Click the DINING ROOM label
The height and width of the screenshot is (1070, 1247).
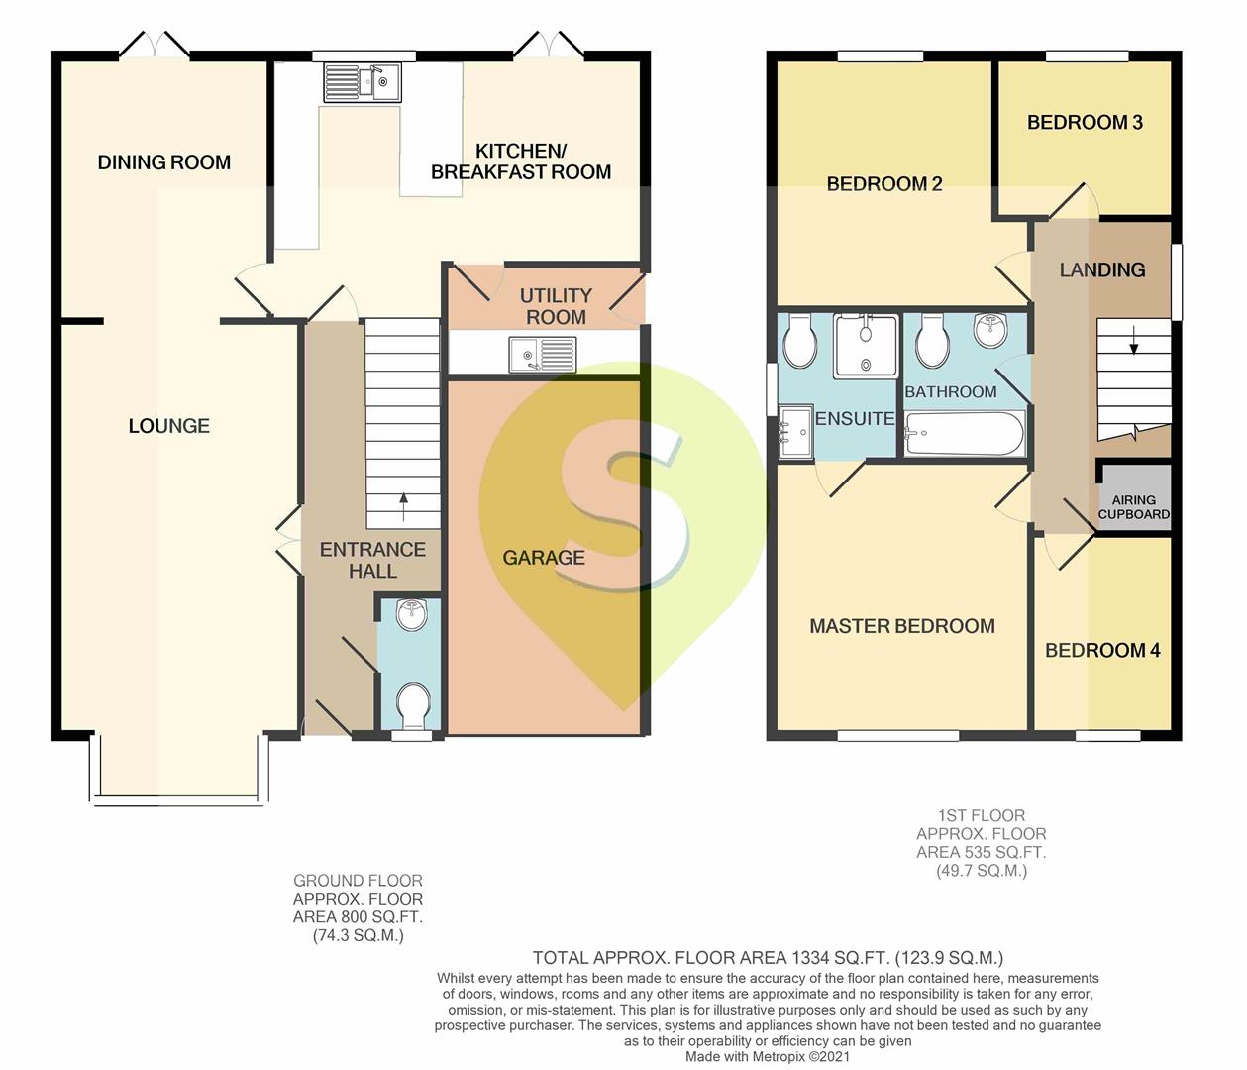(x=164, y=162)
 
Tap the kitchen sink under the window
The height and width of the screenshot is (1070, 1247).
(x=362, y=82)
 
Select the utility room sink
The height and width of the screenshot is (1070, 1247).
(x=543, y=355)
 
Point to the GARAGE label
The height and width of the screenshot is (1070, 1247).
(x=544, y=558)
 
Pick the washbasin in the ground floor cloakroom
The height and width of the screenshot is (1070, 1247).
(x=412, y=615)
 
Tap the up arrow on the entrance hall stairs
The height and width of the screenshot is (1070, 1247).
(x=403, y=505)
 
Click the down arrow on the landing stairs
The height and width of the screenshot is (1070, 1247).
(x=1133, y=341)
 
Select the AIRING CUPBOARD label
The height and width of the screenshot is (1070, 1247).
(x=1133, y=507)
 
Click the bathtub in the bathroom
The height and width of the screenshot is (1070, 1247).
(x=964, y=433)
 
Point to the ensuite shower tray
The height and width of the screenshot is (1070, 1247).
(x=867, y=345)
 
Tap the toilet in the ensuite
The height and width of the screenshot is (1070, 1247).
(x=800, y=341)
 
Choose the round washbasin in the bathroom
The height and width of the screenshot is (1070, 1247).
(x=990, y=330)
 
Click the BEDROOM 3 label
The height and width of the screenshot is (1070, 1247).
(x=1085, y=123)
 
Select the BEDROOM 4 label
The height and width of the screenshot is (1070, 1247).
(x=1102, y=650)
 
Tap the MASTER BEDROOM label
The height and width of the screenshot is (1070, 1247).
(x=902, y=626)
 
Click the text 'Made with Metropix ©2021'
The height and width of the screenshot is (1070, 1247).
(x=768, y=1056)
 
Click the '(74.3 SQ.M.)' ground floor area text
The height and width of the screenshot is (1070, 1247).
(x=358, y=936)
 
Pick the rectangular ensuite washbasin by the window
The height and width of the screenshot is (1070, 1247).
(x=795, y=432)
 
